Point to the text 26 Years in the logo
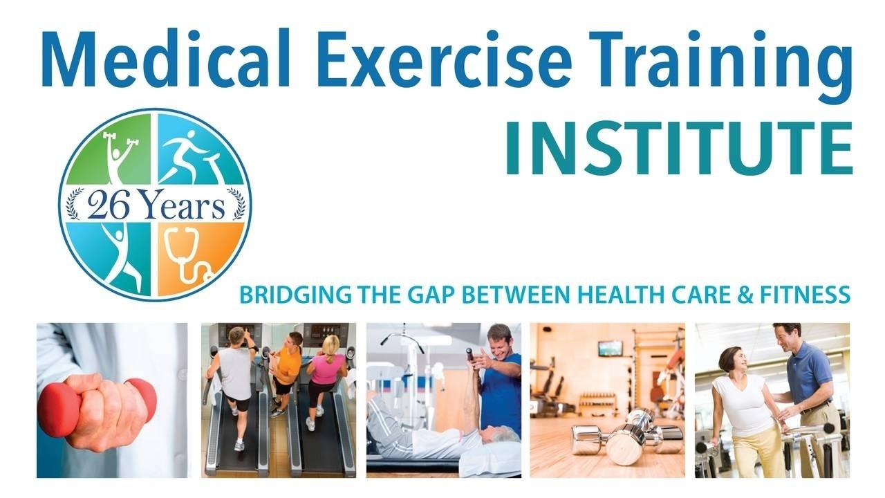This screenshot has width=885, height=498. coord(156,206)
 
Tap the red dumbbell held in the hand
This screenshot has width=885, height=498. coord(97,403)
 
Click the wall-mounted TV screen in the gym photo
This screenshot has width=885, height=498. coord(610,348)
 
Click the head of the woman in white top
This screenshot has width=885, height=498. coord(732,360)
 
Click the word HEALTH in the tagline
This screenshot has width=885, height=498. coord(614,295)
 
